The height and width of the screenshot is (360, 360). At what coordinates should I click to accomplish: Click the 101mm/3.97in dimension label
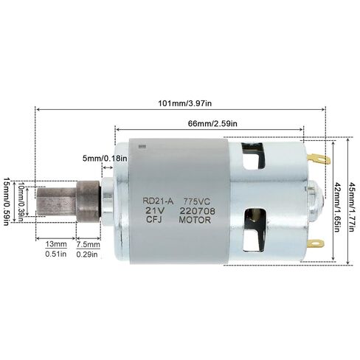pos(184,103)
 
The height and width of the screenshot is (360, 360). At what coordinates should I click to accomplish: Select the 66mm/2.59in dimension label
pos(212,123)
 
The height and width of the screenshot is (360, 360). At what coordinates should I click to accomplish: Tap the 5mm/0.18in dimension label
pos(105,159)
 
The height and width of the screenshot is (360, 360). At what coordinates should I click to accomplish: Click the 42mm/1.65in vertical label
pos(337,207)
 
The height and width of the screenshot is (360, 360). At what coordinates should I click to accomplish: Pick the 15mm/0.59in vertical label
pos(7,201)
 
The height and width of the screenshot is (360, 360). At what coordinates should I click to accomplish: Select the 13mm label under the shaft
pos(56,244)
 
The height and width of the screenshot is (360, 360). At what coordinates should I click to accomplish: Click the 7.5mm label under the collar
pos(88,245)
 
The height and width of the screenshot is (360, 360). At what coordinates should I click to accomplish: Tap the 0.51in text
pos(56,254)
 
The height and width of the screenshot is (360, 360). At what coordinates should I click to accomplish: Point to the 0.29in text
pos(87,255)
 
